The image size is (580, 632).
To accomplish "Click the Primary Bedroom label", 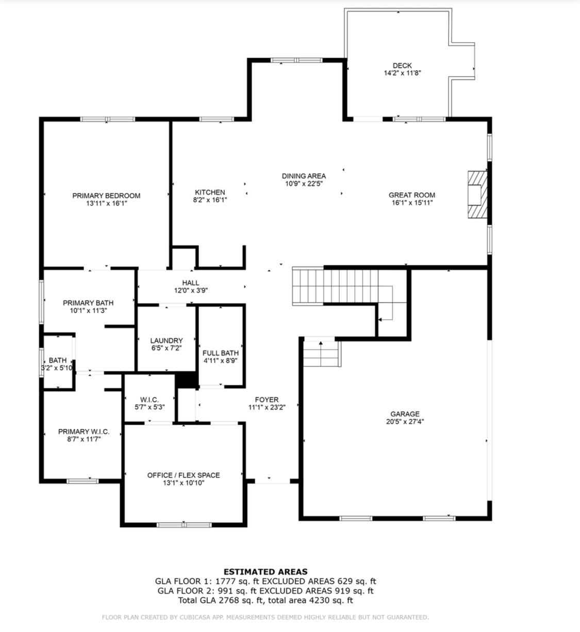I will coord(106,195).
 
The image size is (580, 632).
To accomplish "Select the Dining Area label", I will coord(304,176).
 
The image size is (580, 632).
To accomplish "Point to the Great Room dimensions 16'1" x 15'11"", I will coord(412,203).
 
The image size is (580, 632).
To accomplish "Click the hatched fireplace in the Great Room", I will coord(477,195).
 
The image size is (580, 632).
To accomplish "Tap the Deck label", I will coord(402,65).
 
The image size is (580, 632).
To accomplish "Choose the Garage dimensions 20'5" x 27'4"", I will coord(405,421).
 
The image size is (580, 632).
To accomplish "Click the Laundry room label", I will coord(167,340).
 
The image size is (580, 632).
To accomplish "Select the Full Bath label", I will coord(221,353).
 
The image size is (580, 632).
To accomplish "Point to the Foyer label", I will coord(267,400).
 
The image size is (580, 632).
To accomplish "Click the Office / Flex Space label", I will coord(184,475).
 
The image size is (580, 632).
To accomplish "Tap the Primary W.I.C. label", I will coord(84,431).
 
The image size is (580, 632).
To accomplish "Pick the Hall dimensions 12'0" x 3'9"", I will coord(191,290).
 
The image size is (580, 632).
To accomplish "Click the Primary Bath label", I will coord(88,303).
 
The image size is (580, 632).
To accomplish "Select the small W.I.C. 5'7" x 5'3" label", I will coord(150,400).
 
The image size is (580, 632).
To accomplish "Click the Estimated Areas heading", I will coord(266,571).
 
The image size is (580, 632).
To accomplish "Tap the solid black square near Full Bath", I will coord(187,380).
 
